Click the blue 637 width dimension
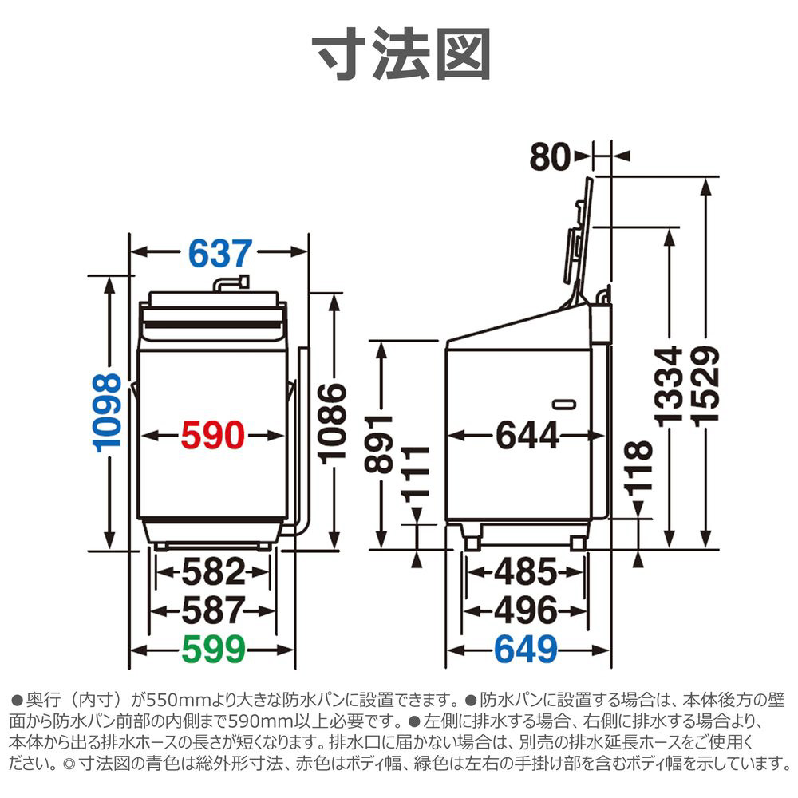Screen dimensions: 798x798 click(220, 254)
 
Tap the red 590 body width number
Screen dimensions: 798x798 click(211, 436)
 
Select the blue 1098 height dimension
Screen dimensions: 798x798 click(109, 413)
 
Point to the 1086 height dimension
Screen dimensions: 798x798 click(333, 421)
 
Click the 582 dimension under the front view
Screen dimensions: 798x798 click(212, 571)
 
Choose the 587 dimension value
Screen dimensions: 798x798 click(212, 610)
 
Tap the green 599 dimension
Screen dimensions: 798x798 click(212, 650)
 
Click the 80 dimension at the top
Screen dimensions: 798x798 click(551, 157)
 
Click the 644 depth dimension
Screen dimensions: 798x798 click(527, 436)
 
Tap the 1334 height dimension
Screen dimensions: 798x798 click(667, 385)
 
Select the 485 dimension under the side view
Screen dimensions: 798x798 click(524, 571)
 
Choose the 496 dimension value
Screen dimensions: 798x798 click(524, 610)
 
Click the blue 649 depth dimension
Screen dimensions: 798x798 click(524, 650)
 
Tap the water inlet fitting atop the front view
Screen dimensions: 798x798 click(231, 283)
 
